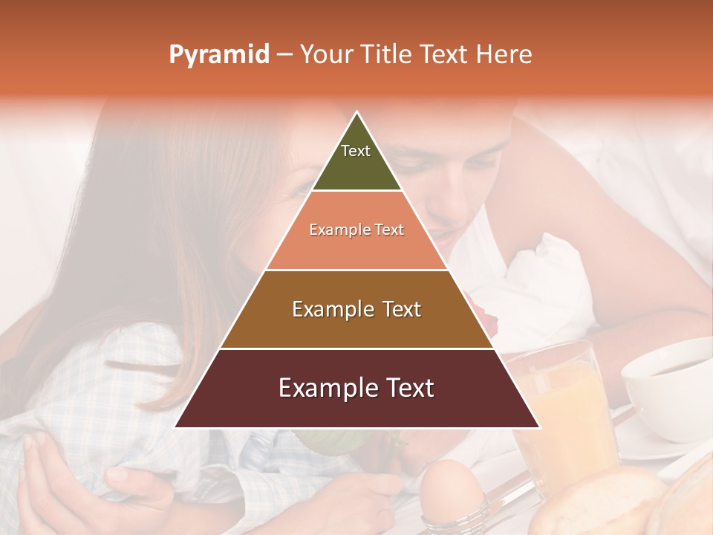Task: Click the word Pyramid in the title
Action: pos(219,54)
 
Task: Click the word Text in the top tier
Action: pos(356,151)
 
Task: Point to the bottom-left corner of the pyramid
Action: pos(175,427)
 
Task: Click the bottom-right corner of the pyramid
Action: pos(539,427)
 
